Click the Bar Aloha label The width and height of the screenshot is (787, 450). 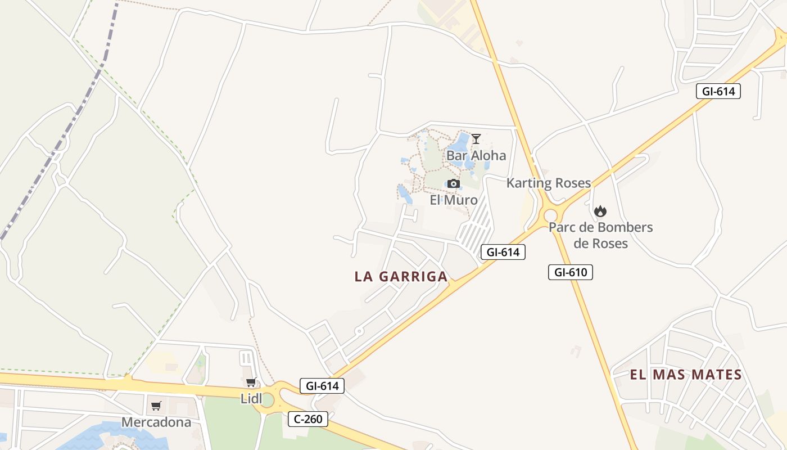tap(476, 155)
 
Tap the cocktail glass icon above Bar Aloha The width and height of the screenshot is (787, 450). tap(476, 138)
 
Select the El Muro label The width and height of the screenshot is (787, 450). tap(454, 200)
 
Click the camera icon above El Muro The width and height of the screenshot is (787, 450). tap(454, 184)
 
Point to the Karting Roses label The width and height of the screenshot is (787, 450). tap(549, 183)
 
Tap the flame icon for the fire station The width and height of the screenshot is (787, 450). tap(600, 211)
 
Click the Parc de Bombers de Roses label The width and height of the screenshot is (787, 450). tap(600, 235)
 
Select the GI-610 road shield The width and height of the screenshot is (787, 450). tap(571, 272)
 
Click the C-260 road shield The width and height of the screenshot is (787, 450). tap(308, 418)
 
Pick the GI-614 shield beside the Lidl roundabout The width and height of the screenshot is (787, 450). tap(322, 386)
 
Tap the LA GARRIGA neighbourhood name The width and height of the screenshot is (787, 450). tap(401, 276)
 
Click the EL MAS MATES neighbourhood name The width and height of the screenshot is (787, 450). tap(686, 375)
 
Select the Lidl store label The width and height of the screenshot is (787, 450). tap(251, 399)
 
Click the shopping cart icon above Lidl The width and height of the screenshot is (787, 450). tap(251, 383)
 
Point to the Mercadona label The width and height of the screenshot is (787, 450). tap(156, 422)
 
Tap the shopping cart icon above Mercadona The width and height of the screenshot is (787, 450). tap(156, 406)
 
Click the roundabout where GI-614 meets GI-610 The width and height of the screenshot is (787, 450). tap(550, 215)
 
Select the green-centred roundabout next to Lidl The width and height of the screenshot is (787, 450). tap(268, 400)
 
